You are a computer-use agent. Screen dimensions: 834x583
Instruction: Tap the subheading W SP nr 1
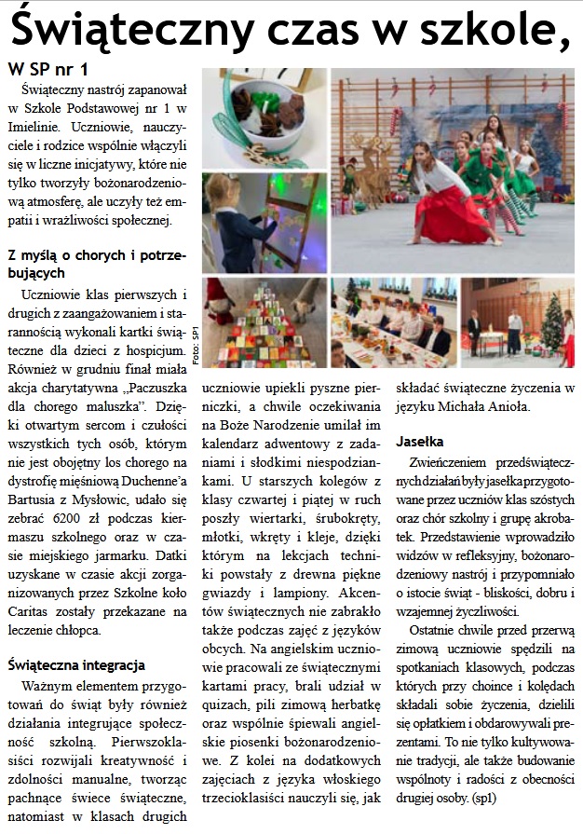pyautogui.click(x=48, y=70)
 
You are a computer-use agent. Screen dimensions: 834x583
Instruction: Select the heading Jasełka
pyautogui.click(x=420, y=440)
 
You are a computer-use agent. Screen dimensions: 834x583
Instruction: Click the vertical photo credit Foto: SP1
pyautogui.click(x=195, y=347)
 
